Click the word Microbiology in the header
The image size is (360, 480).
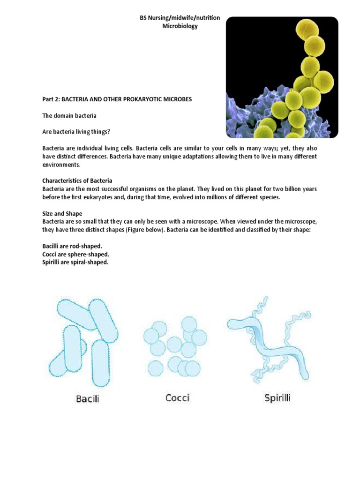pyautogui.click(x=180, y=26)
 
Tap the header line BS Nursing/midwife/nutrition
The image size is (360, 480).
pyautogui.click(x=180, y=18)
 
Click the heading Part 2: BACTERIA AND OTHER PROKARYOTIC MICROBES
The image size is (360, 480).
pyautogui.click(x=117, y=99)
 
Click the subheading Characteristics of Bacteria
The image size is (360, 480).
pyautogui.click(x=77, y=180)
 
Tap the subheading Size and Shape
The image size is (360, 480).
pyautogui.click(x=62, y=213)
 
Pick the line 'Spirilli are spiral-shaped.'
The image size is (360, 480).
pyautogui.click(x=75, y=262)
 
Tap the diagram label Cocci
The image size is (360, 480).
pyautogui.click(x=177, y=398)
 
